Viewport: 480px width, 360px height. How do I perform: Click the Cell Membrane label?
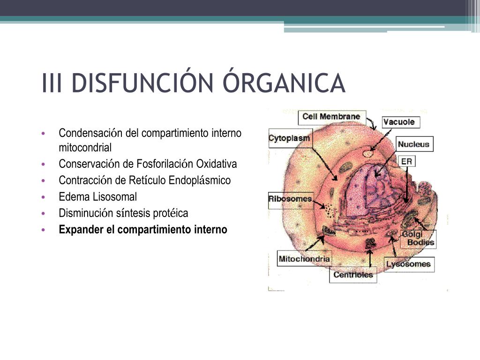pyautogui.click(x=331, y=116)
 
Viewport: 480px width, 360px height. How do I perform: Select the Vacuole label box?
pyautogui.click(x=399, y=122)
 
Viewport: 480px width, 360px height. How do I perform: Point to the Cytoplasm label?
pyautogui.click(x=289, y=139)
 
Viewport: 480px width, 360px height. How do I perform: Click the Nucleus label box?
pyautogui.click(x=413, y=144)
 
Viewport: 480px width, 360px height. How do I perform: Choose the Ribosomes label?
pyautogui.click(x=290, y=199)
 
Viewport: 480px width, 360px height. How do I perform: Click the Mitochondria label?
pyautogui.click(x=304, y=258)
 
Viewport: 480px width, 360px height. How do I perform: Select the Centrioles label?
pyautogui.click(x=353, y=275)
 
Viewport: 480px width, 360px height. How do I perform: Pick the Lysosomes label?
pyautogui.click(x=408, y=264)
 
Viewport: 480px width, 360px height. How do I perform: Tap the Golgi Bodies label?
pyautogui.click(x=419, y=239)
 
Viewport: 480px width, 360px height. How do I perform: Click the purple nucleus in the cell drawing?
pyautogui.click(x=370, y=187)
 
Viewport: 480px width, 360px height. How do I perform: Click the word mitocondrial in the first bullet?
pyautogui.click(x=85, y=148)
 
